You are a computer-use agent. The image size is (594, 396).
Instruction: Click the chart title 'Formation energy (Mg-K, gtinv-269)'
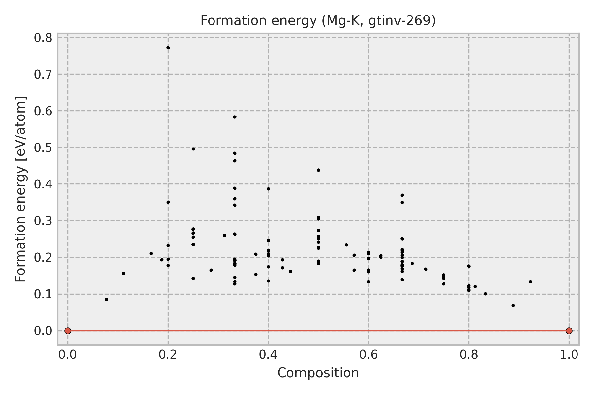point(318,21)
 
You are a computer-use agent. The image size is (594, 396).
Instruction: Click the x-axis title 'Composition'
point(318,373)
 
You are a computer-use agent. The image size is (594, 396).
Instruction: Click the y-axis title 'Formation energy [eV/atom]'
point(20,189)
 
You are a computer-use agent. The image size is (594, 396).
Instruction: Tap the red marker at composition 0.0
point(68,331)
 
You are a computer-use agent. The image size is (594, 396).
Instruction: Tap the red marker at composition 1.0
point(569,331)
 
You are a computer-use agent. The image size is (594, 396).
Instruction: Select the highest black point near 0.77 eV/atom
point(168,48)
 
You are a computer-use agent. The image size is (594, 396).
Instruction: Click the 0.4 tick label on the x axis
point(268,355)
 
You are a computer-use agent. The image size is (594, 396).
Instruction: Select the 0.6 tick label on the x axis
point(368,355)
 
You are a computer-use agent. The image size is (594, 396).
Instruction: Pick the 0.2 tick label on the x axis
point(168,355)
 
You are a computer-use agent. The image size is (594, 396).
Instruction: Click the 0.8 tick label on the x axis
point(469,355)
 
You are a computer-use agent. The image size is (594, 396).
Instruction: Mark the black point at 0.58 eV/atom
point(235,117)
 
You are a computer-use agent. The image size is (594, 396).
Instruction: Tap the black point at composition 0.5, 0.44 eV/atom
point(318,170)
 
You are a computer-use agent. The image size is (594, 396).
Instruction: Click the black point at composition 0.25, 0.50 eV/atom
point(193,149)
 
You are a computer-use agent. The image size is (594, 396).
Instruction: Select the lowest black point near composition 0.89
point(513,305)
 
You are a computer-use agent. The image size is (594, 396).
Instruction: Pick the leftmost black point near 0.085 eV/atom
point(106,299)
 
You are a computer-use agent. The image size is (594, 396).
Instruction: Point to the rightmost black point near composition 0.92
point(530,281)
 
